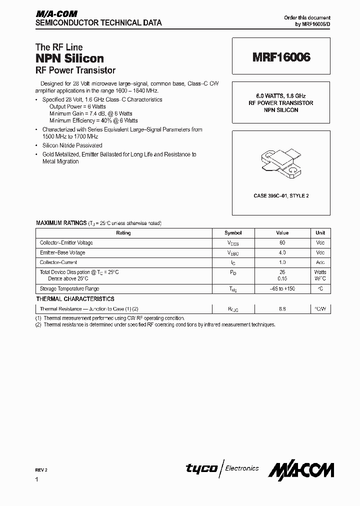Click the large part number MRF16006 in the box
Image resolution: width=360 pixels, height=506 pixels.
(x=281, y=57)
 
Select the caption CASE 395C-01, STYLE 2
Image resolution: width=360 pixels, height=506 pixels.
(x=281, y=195)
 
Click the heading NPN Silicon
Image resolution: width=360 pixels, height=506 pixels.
(x=69, y=58)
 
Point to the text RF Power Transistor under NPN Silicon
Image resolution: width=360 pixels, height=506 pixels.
(x=75, y=70)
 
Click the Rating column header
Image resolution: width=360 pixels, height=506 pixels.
(x=123, y=233)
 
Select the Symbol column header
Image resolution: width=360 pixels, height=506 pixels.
(x=233, y=233)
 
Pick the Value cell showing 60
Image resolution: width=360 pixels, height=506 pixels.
(x=282, y=243)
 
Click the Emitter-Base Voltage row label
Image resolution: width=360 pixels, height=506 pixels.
(x=62, y=253)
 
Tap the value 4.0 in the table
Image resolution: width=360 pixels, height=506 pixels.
(x=282, y=253)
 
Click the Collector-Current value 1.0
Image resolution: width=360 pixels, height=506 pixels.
(x=282, y=262)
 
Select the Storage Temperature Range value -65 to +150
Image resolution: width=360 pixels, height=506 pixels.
(x=282, y=289)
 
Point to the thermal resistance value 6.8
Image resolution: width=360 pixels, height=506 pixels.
(x=282, y=309)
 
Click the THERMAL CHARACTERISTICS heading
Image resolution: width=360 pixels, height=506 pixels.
(x=75, y=299)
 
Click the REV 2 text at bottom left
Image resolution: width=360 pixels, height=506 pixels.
(x=42, y=470)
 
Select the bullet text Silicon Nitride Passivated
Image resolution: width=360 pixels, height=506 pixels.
(x=72, y=145)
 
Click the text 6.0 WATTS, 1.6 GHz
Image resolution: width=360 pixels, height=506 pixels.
(x=281, y=96)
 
